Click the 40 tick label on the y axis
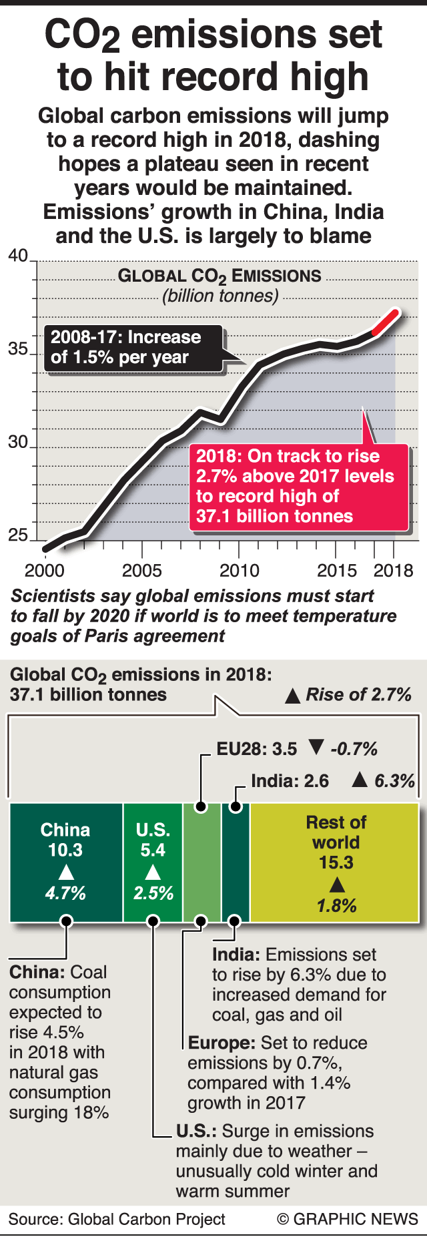click(x=18, y=256)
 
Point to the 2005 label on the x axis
click(x=141, y=571)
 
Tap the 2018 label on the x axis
click(x=394, y=571)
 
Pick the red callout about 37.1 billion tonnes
click(x=298, y=487)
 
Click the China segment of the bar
click(x=65, y=862)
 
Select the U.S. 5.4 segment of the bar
click(x=153, y=862)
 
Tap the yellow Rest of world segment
click(x=335, y=862)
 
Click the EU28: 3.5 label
click(x=257, y=749)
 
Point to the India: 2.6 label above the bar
click(x=290, y=781)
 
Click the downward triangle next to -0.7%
click(x=316, y=748)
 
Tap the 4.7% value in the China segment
click(x=65, y=893)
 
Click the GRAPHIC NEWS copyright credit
click(x=348, y=1219)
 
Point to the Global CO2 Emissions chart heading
click(x=220, y=276)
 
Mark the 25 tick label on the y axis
click(x=18, y=535)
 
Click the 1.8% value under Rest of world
click(x=336, y=906)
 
